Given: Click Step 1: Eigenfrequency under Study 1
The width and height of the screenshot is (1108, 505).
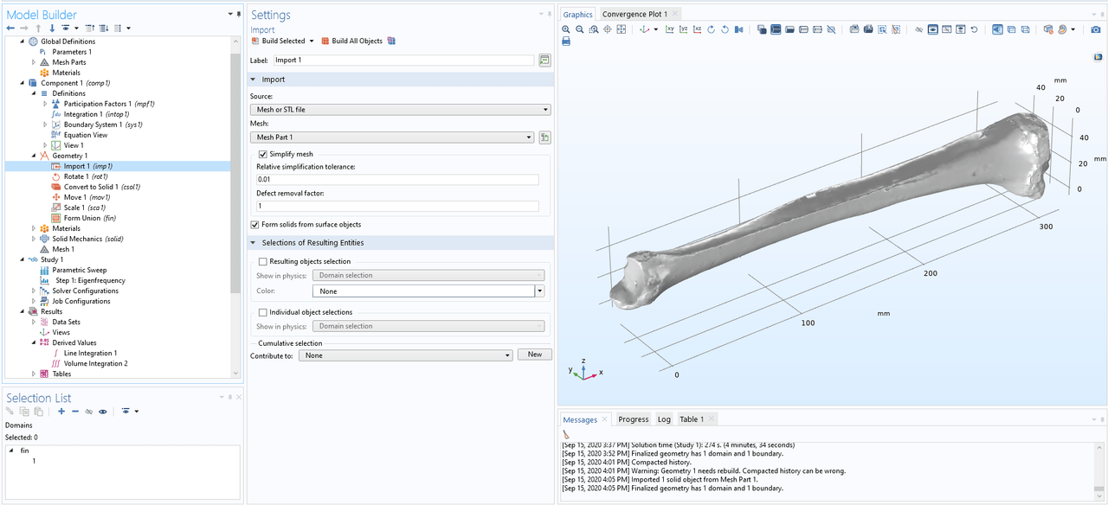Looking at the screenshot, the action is [90, 280].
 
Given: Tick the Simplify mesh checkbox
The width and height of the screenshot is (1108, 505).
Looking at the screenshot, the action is [263, 154].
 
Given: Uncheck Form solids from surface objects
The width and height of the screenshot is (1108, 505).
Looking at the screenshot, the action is [254, 225].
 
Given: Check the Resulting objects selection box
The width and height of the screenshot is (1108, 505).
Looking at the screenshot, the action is [263, 261].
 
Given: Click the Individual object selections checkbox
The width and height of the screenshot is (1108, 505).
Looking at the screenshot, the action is [263, 312].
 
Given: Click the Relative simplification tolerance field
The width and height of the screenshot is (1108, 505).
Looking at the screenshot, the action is [397, 179].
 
